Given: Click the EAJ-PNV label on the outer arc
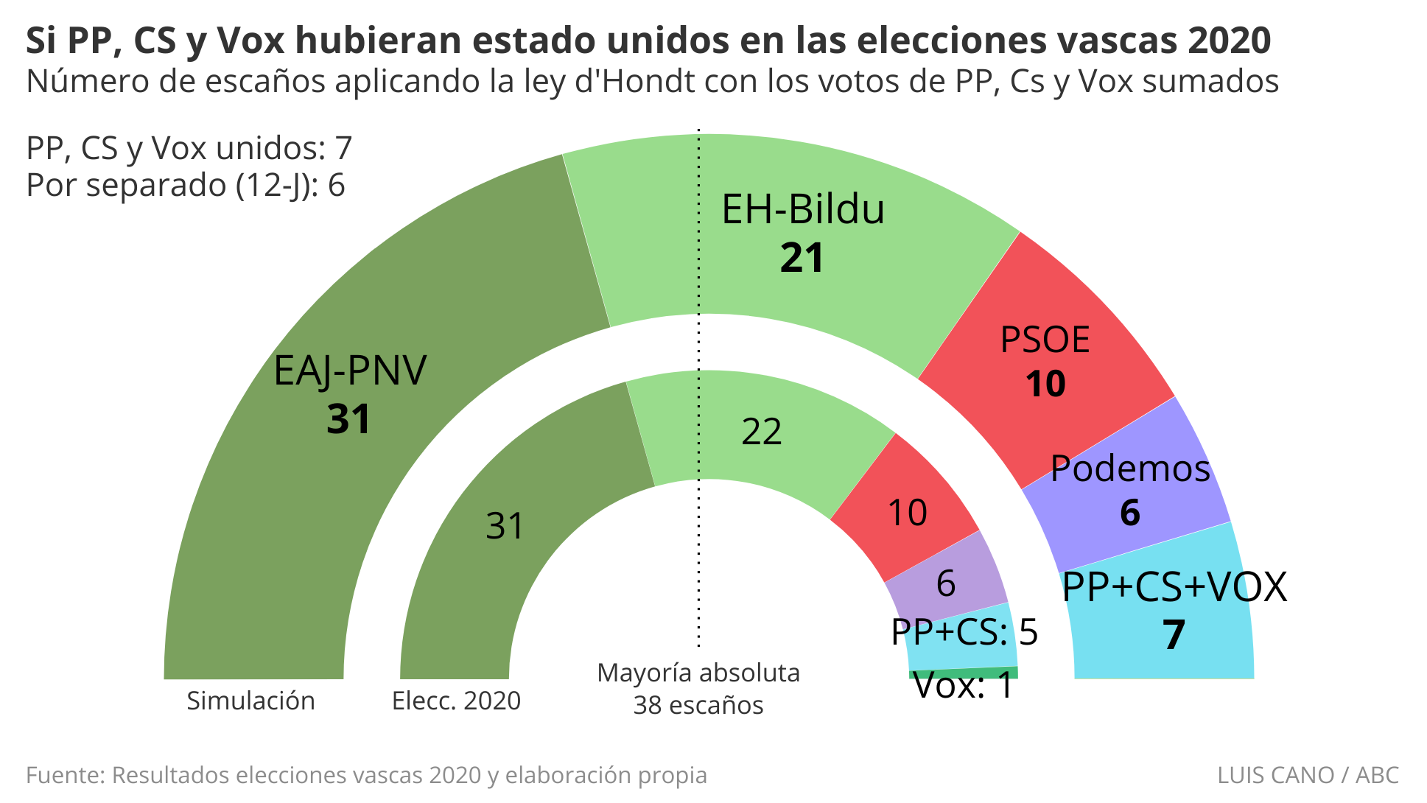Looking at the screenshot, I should tap(349, 371).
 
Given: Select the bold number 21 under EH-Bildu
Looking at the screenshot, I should tap(802, 259).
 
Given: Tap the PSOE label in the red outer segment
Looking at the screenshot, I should tap(1045, 340).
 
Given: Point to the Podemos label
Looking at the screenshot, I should tap(1130, 469).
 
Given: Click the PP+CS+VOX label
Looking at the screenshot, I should tap(1174, 588).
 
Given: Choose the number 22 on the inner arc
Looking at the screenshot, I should tap(761, 432).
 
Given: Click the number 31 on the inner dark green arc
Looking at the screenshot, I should tap(505, 526).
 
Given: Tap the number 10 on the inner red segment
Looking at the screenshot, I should tap(907, 513).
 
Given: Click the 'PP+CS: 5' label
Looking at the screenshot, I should tap(964, 632).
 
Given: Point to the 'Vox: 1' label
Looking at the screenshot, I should tap(964, 687).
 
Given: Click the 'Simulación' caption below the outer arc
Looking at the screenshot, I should tap(250, 701).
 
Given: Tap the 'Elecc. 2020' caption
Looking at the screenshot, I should tap(456, 701).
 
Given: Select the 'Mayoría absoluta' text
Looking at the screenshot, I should tap(698, 673).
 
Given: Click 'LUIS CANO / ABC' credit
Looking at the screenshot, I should tap(1308, 775).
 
